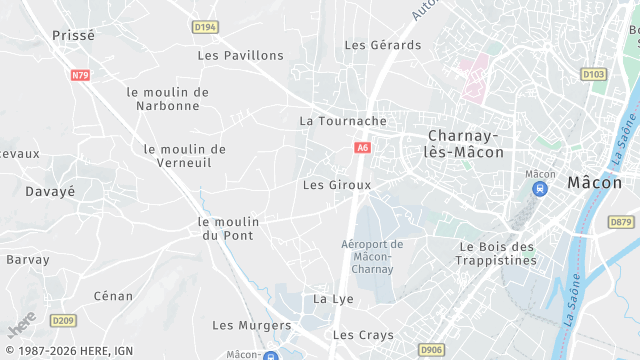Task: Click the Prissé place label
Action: click(73, 35)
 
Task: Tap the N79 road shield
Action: click(81, 75)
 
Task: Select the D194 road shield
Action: click(205, 27)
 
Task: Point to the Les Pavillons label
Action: click(241, 56)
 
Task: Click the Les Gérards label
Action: click(383, 45)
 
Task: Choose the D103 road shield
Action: click(593, 74)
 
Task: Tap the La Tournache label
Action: click(343, 121)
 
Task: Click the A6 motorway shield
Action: click(362, 148)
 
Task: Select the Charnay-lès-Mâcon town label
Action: click(465, 143)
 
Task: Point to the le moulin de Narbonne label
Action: click(168, 99)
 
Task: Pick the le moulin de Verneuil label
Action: click(185, 157)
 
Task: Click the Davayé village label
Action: click(50, 191)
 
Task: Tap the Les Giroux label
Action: click(337, 185)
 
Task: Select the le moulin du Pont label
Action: click(228, 229)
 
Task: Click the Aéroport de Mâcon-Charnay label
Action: click(372, 256)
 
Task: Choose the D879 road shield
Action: click(621, 222)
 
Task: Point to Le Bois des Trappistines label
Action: click(498, 253)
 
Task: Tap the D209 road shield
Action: click(63, 320)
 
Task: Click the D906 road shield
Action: click(432, 349)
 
